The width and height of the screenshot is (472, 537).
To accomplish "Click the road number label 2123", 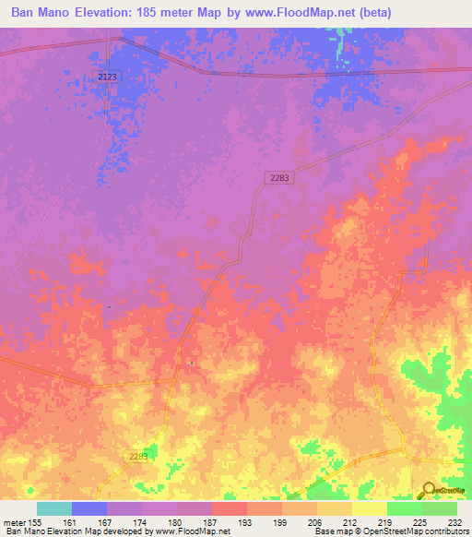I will point(107,78).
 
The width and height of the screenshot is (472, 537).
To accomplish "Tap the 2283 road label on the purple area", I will point(280,178).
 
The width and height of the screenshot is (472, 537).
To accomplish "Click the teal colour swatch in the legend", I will point(54,508).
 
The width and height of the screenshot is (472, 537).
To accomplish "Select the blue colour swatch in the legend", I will point(89,508).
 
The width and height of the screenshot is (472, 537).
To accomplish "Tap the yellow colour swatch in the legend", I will point(370,508).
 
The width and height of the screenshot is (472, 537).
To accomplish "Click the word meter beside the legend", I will point(14,523).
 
